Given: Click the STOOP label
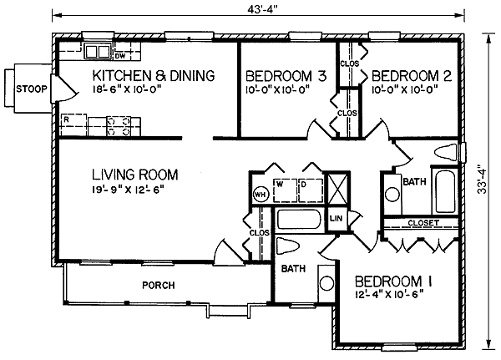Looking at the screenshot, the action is pyautogui.click(x=32, y=89).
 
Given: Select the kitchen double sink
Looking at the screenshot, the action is pyautogui.click(x=98, y=52).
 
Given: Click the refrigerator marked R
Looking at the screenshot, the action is pyautogui.click(x=73, y=124).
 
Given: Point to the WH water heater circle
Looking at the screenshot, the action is pyautogui.click(x=261, y=194).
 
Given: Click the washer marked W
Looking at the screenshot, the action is pyautogui.click(x=286, y=190).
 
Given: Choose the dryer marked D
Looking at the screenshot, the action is pyautogui.click(x=311, y=190).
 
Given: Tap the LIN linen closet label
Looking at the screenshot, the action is pyautogui.click(x=336, y=218).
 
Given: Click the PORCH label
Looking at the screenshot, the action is pyautogui.click(x=159, y=285).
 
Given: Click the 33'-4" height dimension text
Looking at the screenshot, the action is pyautogui.click(x=482, y=179).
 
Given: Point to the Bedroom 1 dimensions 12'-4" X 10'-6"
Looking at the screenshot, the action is pyautogui.click(x=389, y=294).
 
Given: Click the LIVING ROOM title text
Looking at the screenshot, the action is pyautogui.click(x=135, y=175).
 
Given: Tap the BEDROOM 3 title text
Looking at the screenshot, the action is pyautogui.click(x=286, y=76).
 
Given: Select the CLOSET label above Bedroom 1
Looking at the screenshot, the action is pyautogui.click(x=423, y=222).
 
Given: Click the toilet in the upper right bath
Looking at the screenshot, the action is pyautogui.click(x=446, y=152).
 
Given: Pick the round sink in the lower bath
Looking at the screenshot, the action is pyautogui.click(x=326, y=283).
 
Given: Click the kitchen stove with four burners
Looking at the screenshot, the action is pyautogui.click(x=119, y=126).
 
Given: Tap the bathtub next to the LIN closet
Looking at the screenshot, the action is pyautogui.click(x=298, y=219).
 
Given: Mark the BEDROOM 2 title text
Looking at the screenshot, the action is pyautogui.click(x=412, y=76).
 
